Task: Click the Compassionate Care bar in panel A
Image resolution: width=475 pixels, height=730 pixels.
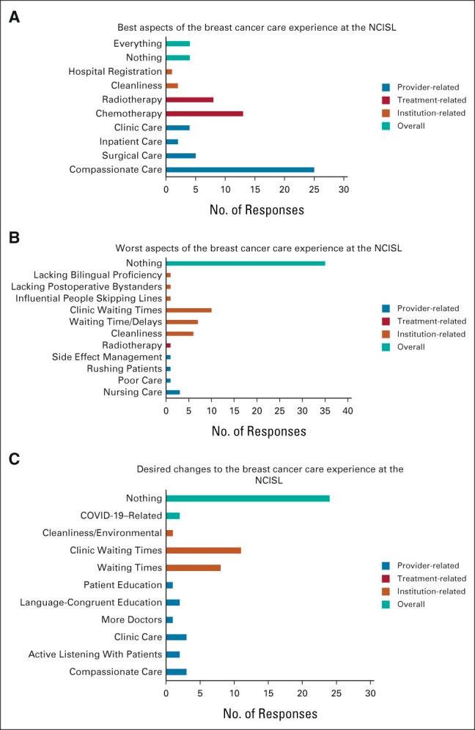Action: coord(240,170)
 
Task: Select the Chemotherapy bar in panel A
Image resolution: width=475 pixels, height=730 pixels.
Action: coord(205,113)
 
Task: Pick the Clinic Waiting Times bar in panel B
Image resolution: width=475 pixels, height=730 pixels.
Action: coord(189,310)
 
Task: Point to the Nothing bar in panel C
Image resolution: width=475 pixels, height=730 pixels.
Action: coord(248,499)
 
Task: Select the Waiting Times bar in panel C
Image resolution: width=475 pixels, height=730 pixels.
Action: coord(194,567)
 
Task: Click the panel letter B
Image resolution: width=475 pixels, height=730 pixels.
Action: coord(13,239)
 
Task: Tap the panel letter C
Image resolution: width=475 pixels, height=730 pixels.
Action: coord(13,459)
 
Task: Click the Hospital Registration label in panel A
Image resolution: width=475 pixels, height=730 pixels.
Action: coord(115,72)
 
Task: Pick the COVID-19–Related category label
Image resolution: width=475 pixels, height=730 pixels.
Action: coord(120,515)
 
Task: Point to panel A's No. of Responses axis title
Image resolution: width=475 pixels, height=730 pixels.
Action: coord(256,210)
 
